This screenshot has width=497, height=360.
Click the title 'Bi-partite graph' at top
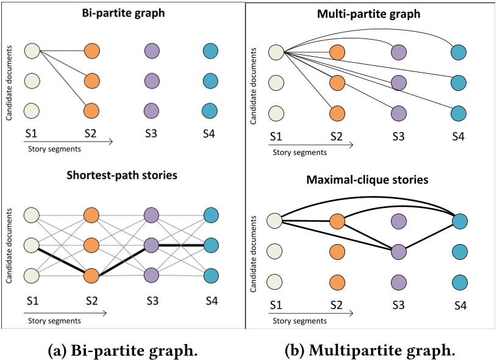coord(123,13)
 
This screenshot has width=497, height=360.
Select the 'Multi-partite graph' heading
coord(370,13)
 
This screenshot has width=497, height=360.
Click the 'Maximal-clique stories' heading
coord(370,182)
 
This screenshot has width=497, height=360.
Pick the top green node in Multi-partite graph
coord(276,52)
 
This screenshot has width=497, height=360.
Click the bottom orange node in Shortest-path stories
coord(92,276)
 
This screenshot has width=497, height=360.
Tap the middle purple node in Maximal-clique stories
coord(398,251)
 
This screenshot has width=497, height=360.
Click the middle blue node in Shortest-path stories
coord(211,245)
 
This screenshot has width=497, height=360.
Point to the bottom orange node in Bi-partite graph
coord(92,110)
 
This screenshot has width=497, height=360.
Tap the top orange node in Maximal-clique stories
coord(337,221)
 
